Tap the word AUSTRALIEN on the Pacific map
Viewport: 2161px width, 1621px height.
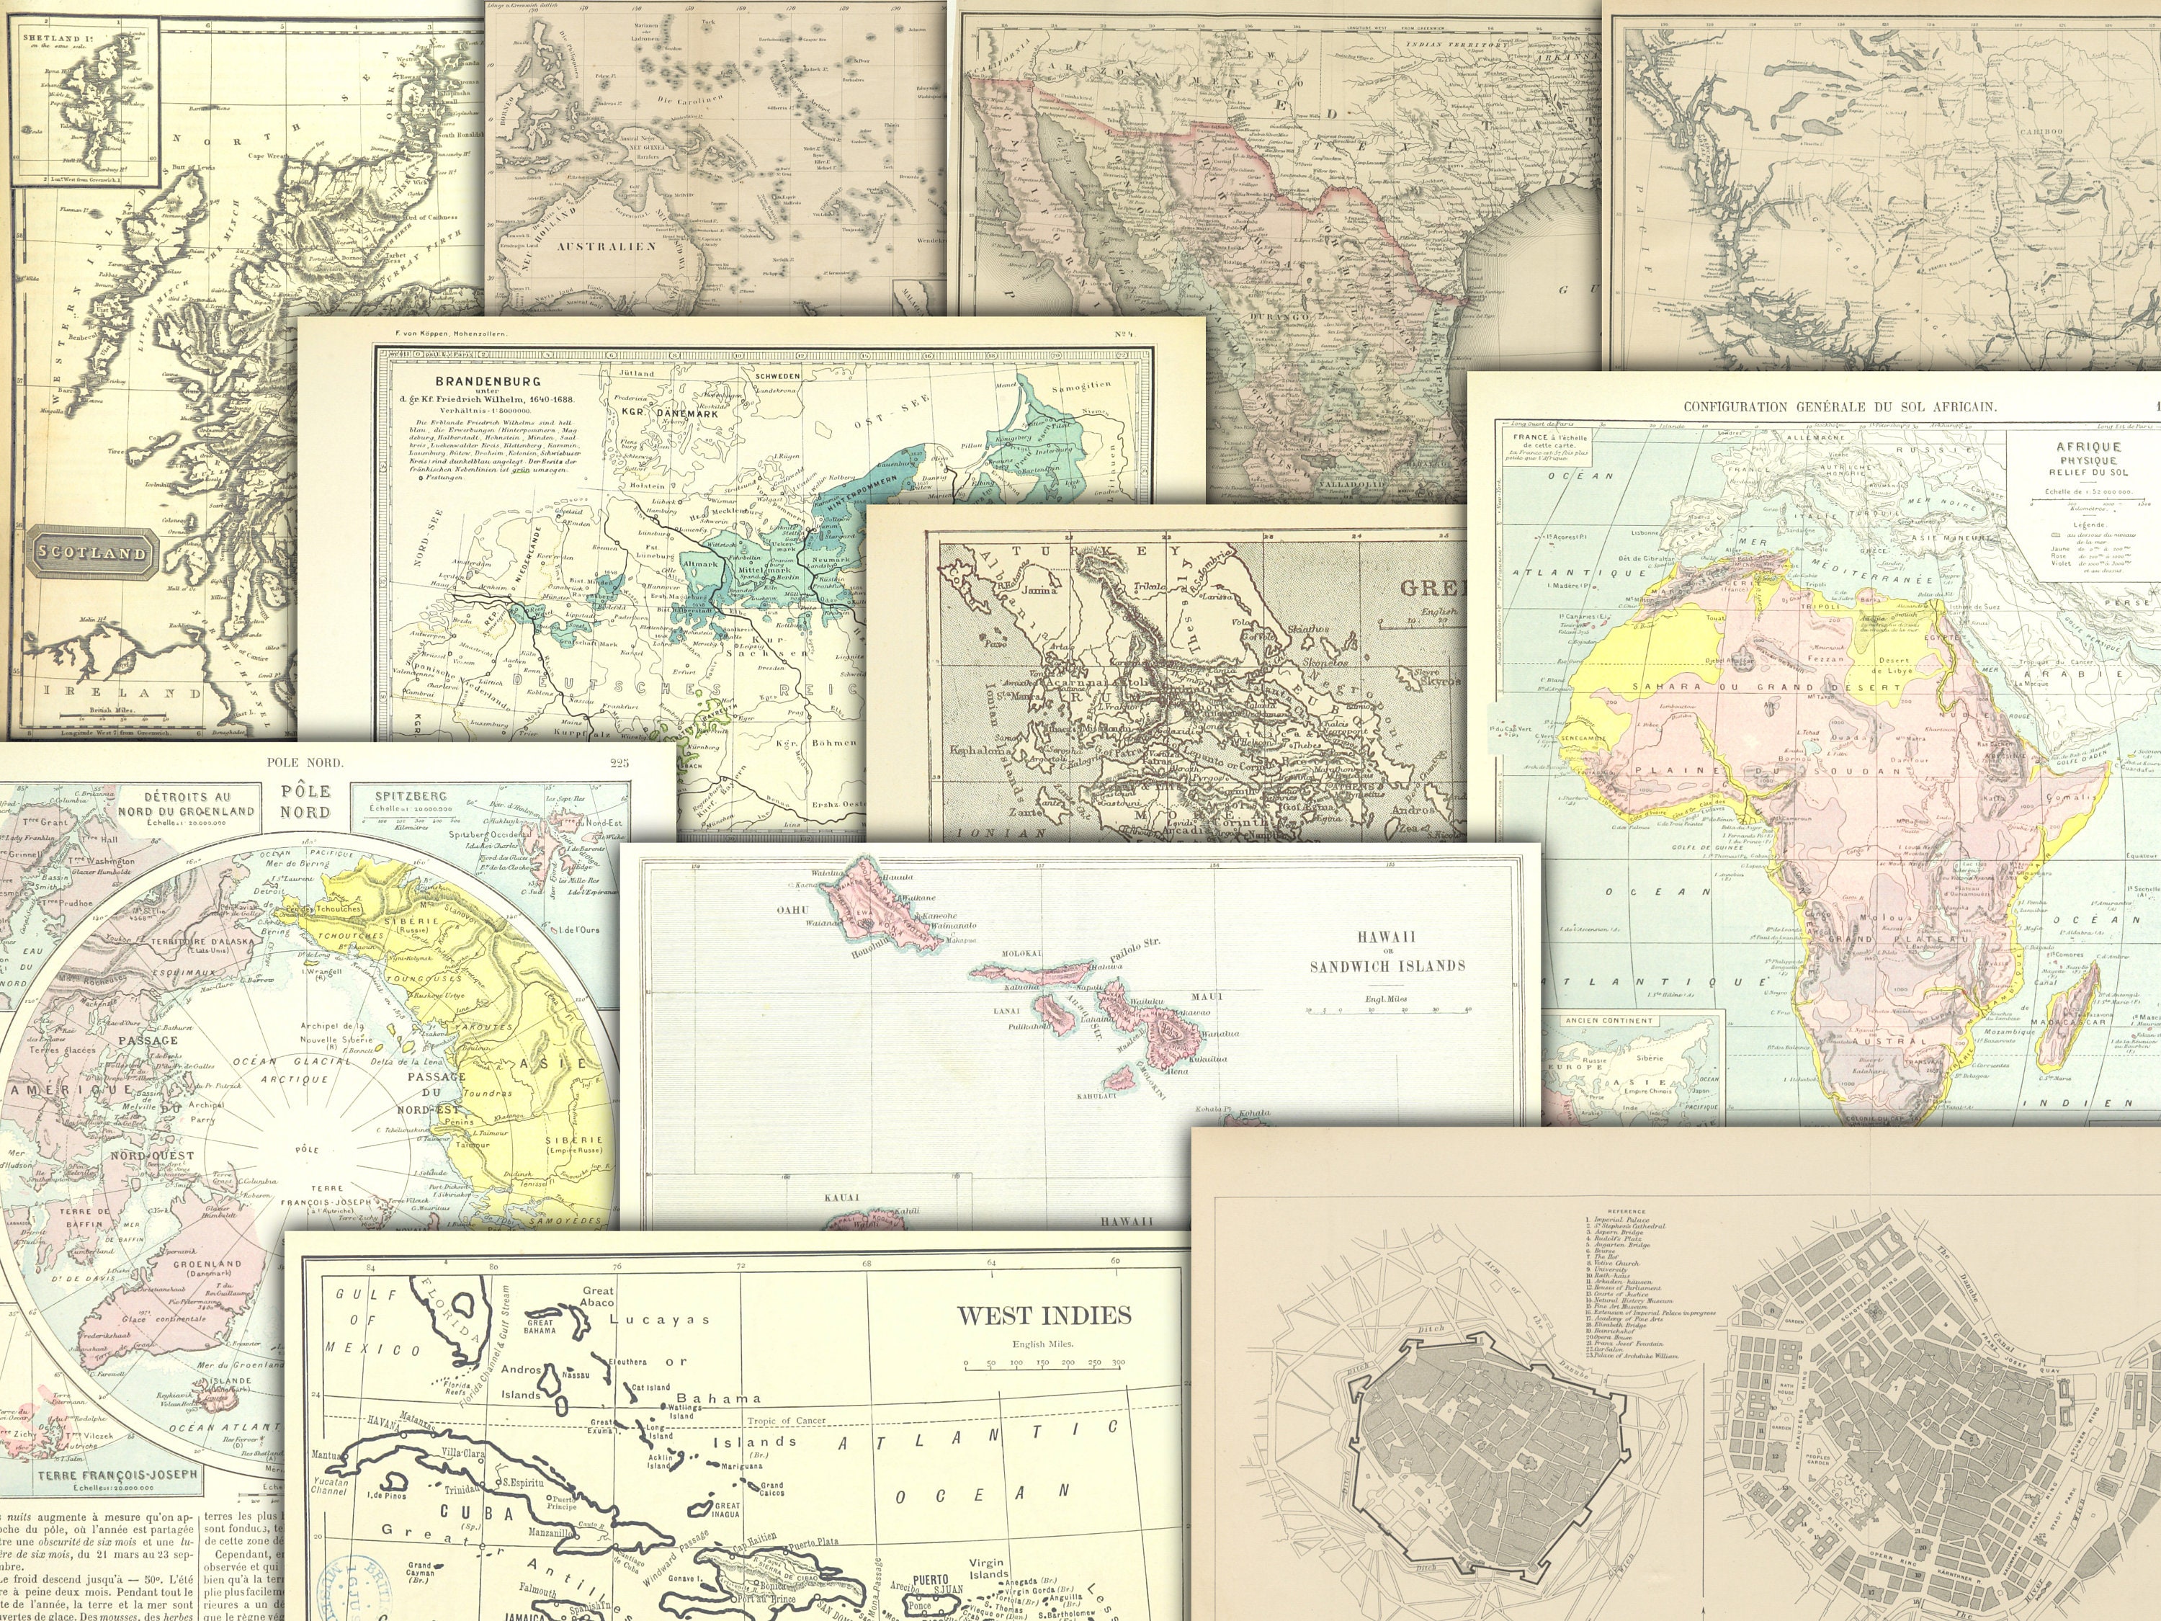[x=593, y=246]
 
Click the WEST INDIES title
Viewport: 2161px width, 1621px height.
[x=1043, y=1315]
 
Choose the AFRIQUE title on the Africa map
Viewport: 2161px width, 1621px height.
[x=2088, y=447]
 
